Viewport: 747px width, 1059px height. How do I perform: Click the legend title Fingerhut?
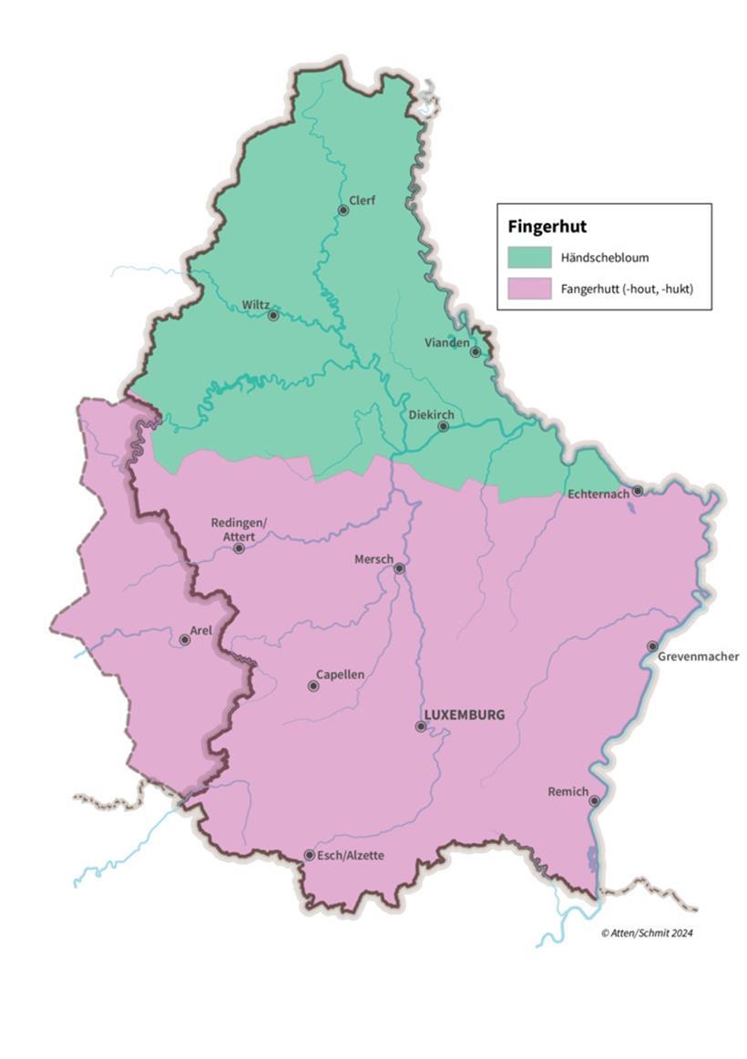click(x=547, y=227)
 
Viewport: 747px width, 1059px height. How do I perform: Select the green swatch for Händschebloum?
click(x=529, y=258)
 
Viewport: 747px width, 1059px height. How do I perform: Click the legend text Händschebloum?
click(x=605, y=258)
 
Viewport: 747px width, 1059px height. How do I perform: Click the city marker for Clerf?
click(x=343, y=210)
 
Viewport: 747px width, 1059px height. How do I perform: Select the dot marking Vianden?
click(x=475, y=351)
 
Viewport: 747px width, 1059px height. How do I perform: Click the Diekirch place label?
click(x=431, y=414)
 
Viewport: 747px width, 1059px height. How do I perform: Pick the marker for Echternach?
click(x=638, y=491)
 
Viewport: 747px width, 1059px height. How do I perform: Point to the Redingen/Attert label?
click(x=239, y=529)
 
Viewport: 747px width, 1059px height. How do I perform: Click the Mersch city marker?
click(x=399, y=568)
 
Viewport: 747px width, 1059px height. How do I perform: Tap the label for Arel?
click(x=200, y=630)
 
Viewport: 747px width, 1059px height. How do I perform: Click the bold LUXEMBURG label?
click(x=465, y=715)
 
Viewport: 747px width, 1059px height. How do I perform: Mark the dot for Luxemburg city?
click(x=421, y=727)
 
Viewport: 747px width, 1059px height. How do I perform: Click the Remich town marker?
click(x=594, y=801)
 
